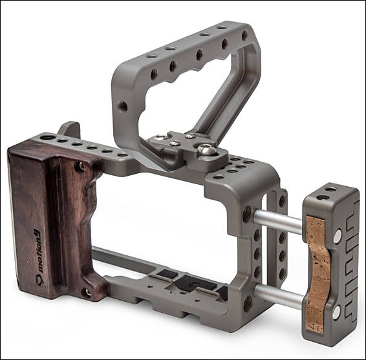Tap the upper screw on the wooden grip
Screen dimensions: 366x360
tap(80, 167)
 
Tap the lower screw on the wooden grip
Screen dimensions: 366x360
tap(87, 292)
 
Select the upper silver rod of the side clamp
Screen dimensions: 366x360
tap(278, 221)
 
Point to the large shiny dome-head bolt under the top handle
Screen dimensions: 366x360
tap(207, 150)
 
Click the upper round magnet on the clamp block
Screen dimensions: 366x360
tap(338, 236)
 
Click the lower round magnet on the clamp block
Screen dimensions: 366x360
tap(337, 312)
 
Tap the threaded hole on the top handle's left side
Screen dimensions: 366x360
tap(123, 106)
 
